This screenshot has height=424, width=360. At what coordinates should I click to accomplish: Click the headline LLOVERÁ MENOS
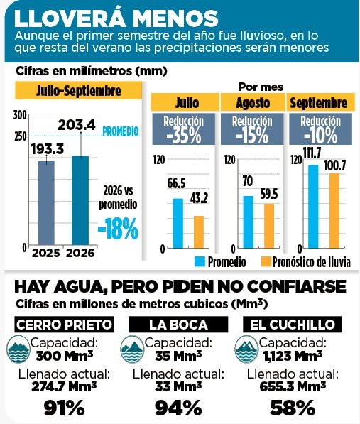coord(116,18)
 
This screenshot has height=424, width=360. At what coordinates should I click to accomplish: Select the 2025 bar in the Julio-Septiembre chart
coord(46,203)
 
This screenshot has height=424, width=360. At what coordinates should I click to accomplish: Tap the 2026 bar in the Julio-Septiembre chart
coord(80,200)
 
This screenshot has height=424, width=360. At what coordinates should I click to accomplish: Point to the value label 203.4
coord(77,125)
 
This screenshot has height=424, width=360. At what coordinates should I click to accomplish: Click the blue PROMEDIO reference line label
coord(121,131)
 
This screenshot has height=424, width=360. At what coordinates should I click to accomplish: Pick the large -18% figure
coord(118,229)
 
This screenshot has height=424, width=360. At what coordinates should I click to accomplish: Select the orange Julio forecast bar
coord(199,232)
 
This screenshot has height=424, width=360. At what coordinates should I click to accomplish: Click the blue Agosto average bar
coord(249,222)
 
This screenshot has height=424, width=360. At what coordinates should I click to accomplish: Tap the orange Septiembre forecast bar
coord(334,211)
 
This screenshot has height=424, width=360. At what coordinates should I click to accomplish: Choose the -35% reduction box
coord(183,129)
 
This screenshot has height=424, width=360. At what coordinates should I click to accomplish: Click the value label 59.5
coord(269,194)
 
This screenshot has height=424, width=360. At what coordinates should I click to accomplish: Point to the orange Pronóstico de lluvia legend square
coord(266,262)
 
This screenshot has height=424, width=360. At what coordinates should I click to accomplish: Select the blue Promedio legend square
coord(200,262)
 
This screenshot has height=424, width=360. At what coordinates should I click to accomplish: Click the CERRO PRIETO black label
coord(64,325)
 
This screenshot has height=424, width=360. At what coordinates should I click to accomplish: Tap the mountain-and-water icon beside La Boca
coord(132,349)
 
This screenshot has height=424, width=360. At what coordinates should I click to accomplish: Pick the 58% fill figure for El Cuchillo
coord(293,408)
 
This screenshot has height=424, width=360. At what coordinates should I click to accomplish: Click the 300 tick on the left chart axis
coord(20,115)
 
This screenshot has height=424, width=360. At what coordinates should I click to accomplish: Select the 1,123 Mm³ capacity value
coord(293,356)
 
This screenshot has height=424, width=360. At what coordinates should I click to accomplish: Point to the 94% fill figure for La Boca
coord(178,408)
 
